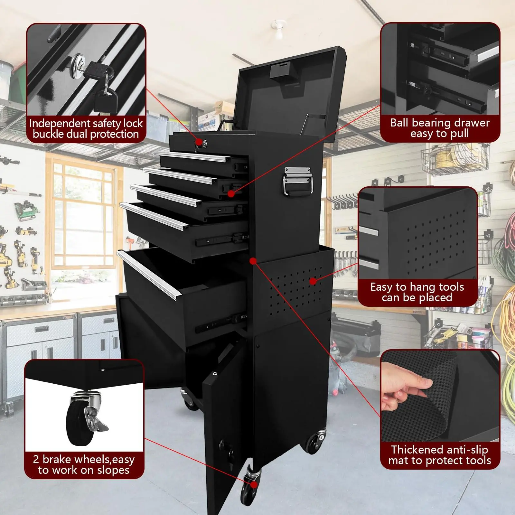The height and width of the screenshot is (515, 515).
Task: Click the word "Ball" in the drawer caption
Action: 399,123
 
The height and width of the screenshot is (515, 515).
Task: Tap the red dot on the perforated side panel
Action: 312,281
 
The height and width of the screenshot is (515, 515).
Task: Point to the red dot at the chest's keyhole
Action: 199,142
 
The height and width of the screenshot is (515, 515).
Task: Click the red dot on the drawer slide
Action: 231,193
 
